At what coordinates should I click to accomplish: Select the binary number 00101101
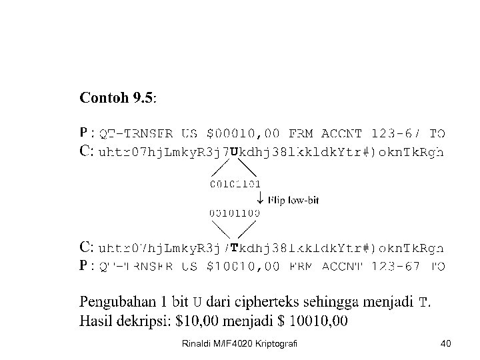pos(234,183)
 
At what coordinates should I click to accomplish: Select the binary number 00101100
pos(234,213)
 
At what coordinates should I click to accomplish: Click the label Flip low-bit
pos(293,199)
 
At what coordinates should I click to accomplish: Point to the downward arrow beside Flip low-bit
pos(259,199)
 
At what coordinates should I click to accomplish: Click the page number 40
pos(446,343)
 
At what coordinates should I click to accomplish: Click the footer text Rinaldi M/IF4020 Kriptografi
pos(239,343)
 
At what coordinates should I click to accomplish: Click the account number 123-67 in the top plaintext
pos(393,133)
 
